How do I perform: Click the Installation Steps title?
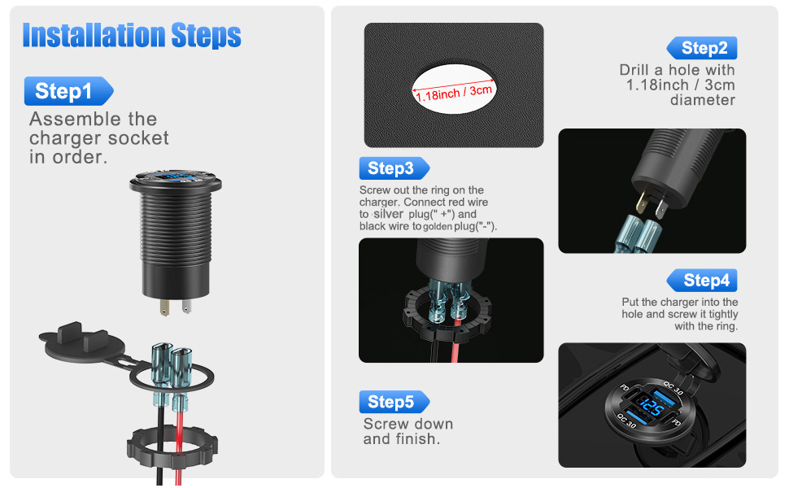[132, 36]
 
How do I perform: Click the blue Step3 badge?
[393, 168]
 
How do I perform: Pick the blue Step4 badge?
[704, 281]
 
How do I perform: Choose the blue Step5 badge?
[393, 402]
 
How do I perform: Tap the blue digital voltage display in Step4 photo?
[652, 407]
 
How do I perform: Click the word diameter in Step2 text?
[703, 100]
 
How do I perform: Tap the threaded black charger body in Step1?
[175, 244]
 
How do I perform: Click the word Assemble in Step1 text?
[73, 120]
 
